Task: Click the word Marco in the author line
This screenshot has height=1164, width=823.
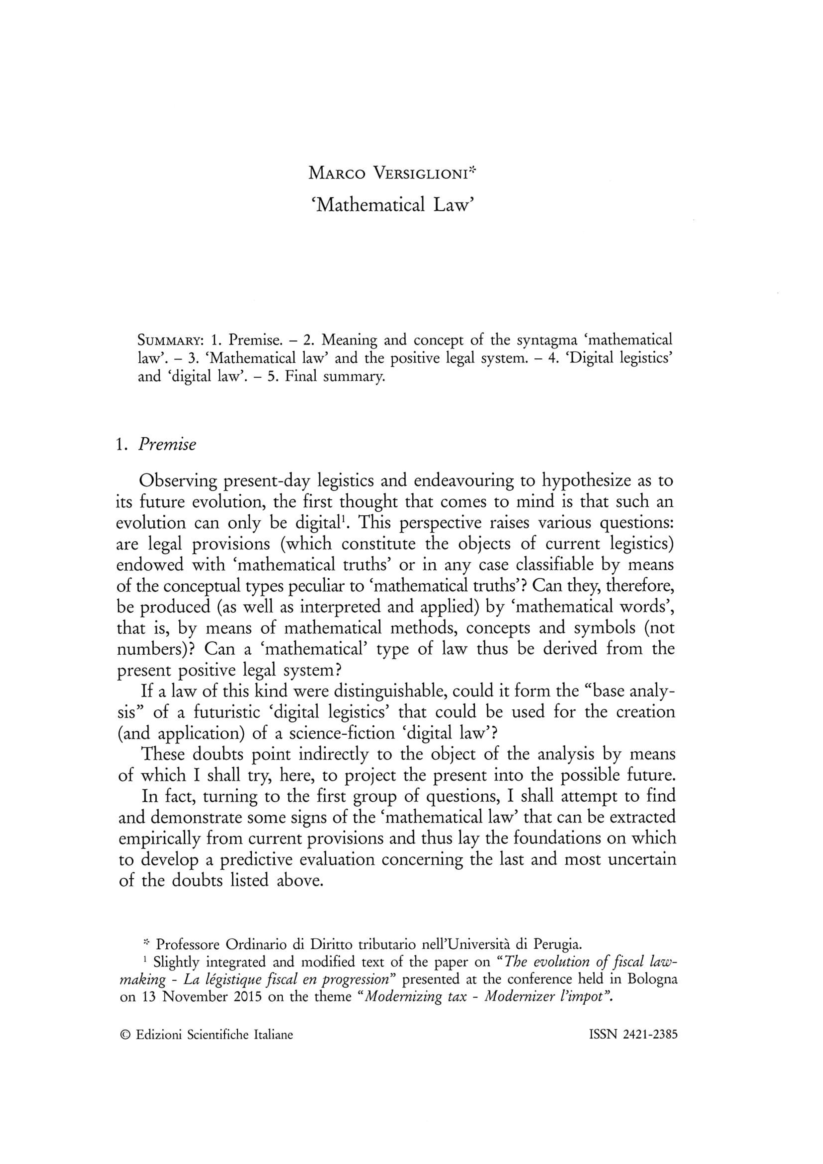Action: [x=336, y=174]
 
